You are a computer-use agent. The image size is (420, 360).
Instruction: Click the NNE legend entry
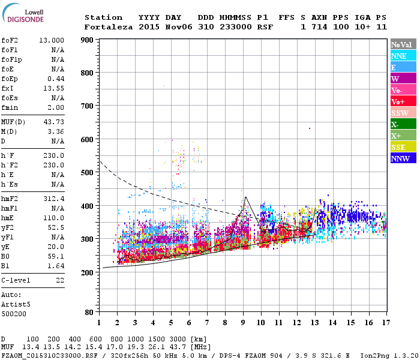pos(403,56)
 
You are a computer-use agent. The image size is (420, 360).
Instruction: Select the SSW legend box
pos(403,113)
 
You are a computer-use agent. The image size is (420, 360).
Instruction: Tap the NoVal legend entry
pos(403,44)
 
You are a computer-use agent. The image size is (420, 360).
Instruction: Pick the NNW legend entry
pos(403,158)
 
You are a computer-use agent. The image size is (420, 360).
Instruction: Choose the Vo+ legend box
pos(403,101)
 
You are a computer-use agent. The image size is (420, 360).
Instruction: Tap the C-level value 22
pos(59,280)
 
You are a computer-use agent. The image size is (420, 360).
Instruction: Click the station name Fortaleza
pos(109,27)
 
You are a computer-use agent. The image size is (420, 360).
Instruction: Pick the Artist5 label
pos(16,304)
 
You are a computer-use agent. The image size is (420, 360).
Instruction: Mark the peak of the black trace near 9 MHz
pos(245,197)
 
